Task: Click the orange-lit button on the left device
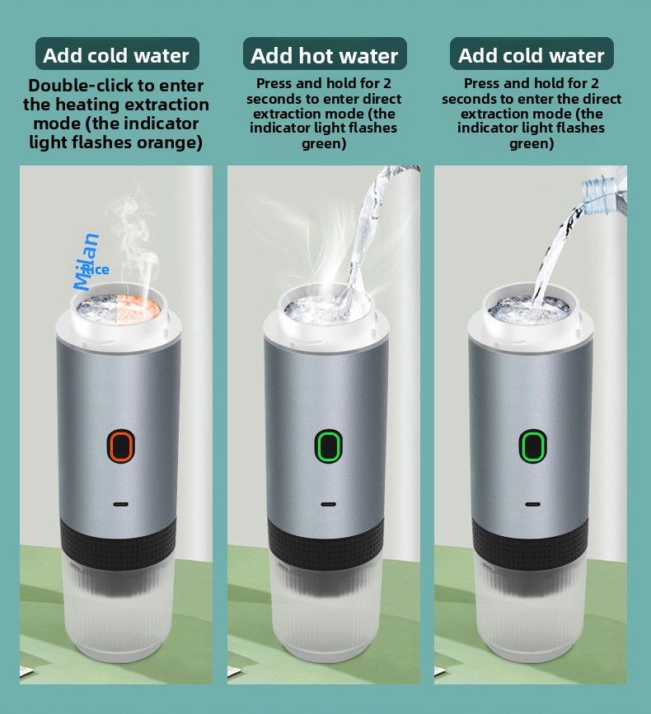click(121, 446)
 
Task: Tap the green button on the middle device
click(329, 446)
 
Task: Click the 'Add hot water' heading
click(325, 55)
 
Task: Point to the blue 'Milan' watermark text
click(87, 261)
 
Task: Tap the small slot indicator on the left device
click(121, 505)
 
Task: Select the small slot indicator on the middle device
click(329, 505)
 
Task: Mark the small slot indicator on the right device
click(532, 505)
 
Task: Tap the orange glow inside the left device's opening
click(137, 306)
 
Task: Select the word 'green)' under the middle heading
click(324, 144)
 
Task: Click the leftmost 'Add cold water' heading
click(116, 55)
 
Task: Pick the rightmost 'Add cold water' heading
click(532, 55)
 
